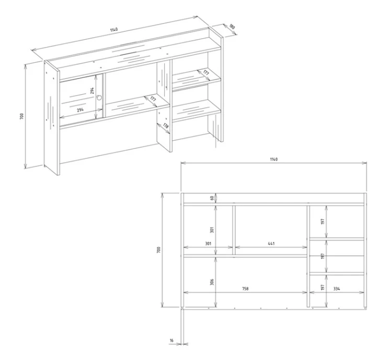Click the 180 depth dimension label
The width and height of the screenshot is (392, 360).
(232, 26)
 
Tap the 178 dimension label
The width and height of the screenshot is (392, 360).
(166, 126)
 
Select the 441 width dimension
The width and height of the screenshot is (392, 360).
(271, 243)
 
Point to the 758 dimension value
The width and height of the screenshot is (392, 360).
(246, 289)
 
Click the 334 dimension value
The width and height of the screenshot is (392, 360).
(337, 289)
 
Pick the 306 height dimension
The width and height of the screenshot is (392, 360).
(212, 282)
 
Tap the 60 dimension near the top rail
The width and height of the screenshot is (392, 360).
(212, 198)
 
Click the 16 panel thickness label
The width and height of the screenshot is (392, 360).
(171, 341)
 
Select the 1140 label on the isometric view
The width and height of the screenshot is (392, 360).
(113, 29)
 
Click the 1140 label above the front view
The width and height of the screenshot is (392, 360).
(274, 159)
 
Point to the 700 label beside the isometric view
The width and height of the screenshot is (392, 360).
(22, 116)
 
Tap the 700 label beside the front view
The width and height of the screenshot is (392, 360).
(158, 250)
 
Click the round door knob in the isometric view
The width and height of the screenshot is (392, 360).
(99, 97)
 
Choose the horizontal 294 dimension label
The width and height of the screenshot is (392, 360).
(80, 110)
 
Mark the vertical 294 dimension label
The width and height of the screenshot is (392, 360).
(92, 91)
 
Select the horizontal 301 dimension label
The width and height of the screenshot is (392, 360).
(208, 243)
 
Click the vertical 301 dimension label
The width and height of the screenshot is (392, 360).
(212, 230)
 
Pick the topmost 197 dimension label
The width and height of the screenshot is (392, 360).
(323, 221)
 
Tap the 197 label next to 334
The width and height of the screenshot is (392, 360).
(323, 287)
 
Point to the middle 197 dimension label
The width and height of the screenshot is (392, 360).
(323, 256)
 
